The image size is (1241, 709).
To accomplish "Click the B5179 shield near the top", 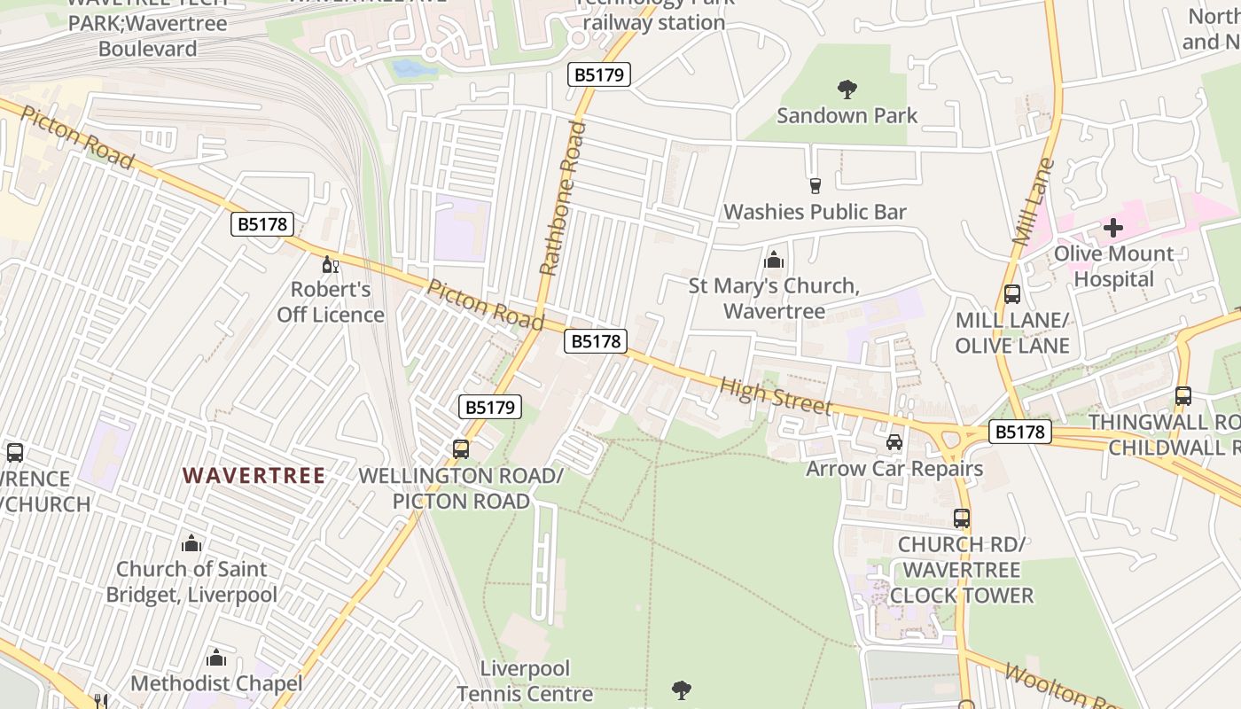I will [599, 75].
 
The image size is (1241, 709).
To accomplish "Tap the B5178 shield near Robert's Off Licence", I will [263, 224].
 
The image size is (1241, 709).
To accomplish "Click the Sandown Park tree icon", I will [847, 89].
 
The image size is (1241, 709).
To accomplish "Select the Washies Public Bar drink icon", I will [816, 185].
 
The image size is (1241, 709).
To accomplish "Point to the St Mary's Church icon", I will [774, 261].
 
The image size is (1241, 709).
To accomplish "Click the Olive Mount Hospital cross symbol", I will [1113, 228].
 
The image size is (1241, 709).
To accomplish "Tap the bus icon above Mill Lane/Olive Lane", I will [1012, 293].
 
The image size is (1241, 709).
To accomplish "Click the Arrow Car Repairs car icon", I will [894, 441].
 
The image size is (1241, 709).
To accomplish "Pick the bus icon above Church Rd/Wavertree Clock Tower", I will [962, 518].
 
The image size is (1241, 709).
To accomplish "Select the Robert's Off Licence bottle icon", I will [330, 264].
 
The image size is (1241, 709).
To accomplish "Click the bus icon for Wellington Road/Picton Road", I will [461, 448].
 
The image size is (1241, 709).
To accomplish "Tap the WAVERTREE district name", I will [254, 476].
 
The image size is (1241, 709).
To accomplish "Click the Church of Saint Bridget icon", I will [191, 543].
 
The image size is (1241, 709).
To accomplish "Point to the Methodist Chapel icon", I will [215, 658].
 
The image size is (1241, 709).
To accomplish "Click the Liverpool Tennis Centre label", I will [525, 681].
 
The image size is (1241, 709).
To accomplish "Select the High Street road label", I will [776, 395].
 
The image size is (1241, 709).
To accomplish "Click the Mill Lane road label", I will [1034, 202].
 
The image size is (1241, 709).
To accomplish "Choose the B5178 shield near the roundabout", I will [1020, 432].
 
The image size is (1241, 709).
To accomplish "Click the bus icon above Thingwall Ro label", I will [1182, 395].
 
